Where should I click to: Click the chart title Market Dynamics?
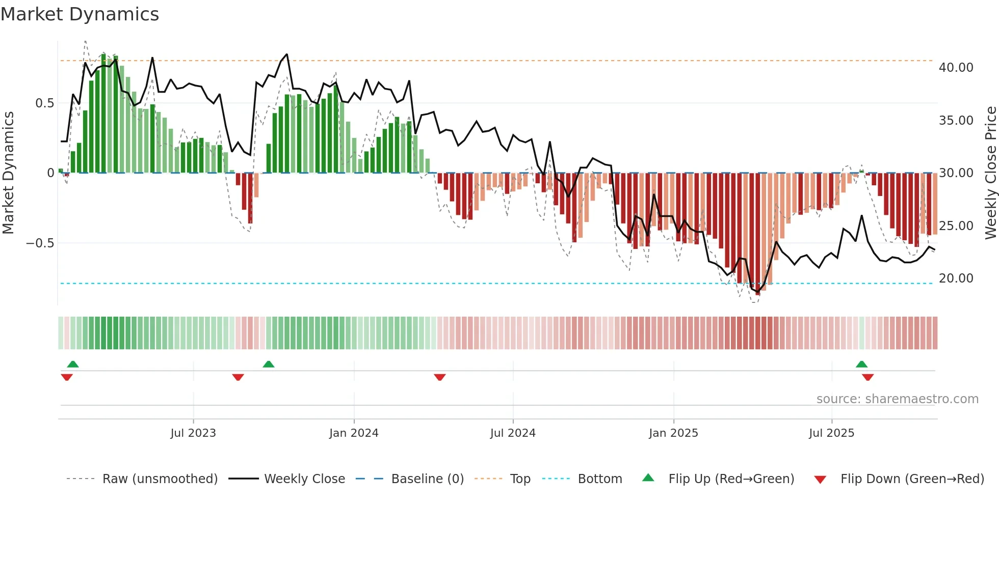(80, 14)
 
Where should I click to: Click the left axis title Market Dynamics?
(9, 173)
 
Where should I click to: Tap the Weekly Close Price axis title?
(990, 173)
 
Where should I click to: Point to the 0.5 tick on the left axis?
(44, 103)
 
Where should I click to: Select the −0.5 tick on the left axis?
(40, 243)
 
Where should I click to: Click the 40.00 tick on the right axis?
(956, 68)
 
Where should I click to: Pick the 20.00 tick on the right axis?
(956, 278)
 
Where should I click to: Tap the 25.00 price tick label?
(956, 226)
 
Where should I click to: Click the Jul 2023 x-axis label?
(193, 433)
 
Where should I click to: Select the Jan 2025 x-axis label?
(673, 433)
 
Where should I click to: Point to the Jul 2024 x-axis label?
(513, 433)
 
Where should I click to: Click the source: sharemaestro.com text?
(897, 399)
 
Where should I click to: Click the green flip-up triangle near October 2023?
(269, 364)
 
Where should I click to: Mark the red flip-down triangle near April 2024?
(440, 377)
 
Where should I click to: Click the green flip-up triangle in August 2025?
(861, 364)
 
